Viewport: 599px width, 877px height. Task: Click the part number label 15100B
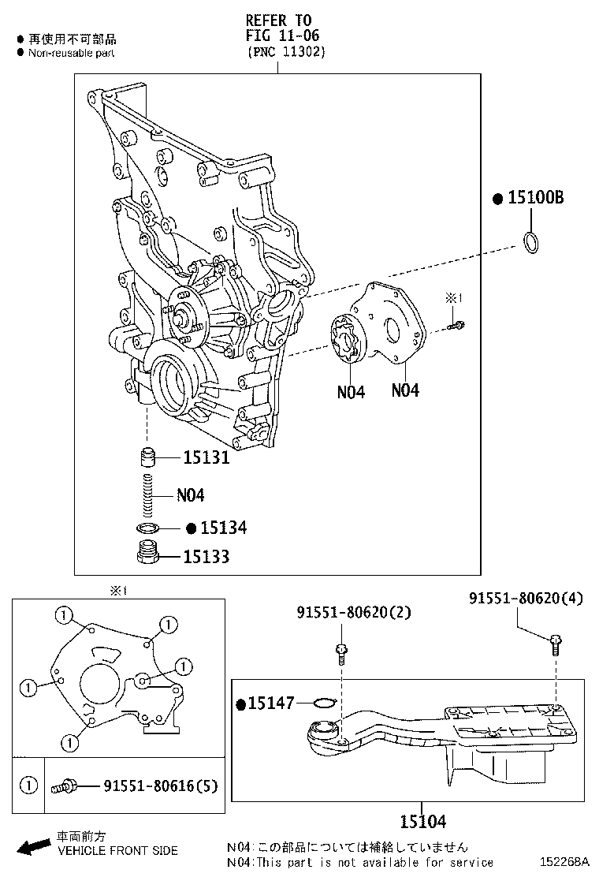(535, 198)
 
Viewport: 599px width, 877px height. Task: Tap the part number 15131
(206, 457)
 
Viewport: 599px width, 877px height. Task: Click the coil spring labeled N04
(147, 495)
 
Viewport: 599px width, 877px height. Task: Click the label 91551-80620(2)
(354, 612)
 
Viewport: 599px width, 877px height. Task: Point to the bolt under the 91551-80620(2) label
(341, 652)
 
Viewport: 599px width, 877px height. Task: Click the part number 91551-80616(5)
(161, 786)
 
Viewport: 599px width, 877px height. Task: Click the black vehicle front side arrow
(33, 848)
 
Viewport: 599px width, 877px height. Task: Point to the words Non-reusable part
(71, 53)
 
